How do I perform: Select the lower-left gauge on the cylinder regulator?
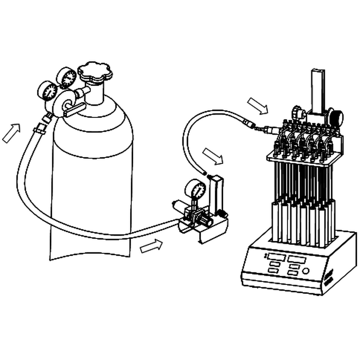pyautogui.click(x=47, y=91)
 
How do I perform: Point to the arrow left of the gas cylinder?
pyautogui.click(x=11, y=132)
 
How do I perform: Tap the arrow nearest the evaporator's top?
pyautogui.click(x=258, y=106)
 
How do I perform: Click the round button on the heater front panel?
pyautogui.click(x=306, y=271)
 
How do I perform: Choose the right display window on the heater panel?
pyautogui.click(x=297, y=260)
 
